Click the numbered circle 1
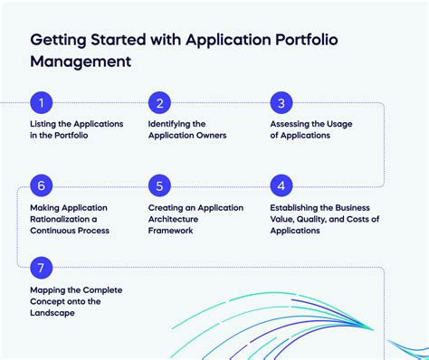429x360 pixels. (x=41, y=103)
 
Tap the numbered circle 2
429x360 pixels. (x=159, y=103)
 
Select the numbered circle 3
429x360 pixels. (x=281, y=103)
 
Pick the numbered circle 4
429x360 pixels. (x=281, y=186)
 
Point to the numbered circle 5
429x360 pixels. (x=159, y=186)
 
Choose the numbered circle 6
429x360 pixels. (x=41, y=186)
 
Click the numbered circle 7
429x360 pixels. (x=41, y=268)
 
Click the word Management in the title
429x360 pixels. (x=81, y=62)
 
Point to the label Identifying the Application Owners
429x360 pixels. (x=186, y=129)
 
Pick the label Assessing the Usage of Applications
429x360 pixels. (x=311, y=129)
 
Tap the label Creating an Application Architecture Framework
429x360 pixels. (x=195, y=219)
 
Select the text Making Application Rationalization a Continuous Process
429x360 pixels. (x=70, y=219)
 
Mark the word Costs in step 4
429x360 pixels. (x=367, y=219)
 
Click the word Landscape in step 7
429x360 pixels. (x=51, y=313)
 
